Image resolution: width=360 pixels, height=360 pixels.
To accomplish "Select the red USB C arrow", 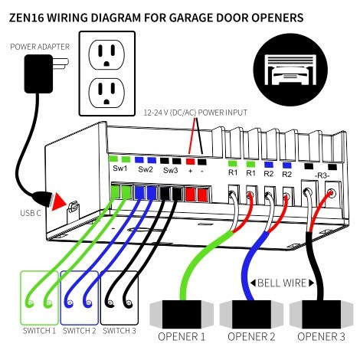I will [x=57, y=201].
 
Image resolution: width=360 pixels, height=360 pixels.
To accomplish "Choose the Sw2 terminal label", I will [x=146, y=170].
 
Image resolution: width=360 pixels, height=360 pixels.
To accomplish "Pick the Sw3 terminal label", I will [x=171, y=170].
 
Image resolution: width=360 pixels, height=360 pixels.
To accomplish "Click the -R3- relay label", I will [x=322, y=175].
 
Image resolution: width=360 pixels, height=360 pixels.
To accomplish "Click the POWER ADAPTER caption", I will [x=40, y=47].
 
